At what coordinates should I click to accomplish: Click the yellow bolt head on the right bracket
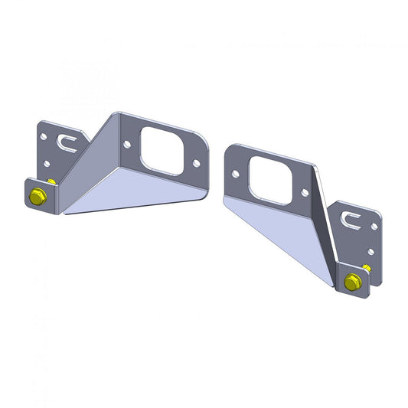click(x=351, y=282)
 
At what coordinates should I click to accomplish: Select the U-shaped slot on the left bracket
click(x=65, y=141)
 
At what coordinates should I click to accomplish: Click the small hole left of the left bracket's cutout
click(x=127, y=143)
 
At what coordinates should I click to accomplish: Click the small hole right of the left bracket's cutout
click(x=196, y=163)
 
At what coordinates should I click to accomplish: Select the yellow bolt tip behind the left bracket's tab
click(x=51, y=182)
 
